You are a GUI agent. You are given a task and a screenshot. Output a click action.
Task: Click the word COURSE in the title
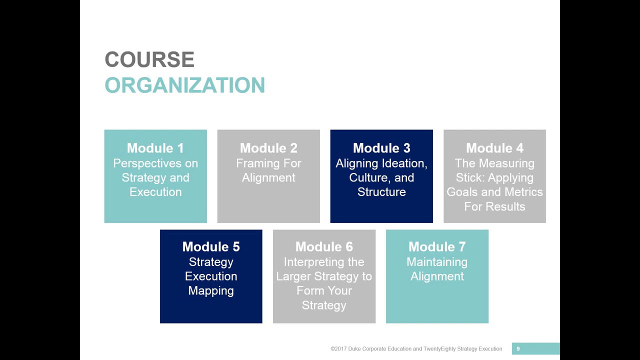149,60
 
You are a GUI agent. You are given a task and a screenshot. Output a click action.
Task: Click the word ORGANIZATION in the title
184,85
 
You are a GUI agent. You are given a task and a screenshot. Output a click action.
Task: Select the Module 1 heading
155,148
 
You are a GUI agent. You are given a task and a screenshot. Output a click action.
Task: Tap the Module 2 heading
268,148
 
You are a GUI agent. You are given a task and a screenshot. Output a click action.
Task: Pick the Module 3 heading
381,148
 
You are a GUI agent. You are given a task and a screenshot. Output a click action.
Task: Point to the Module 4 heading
494,148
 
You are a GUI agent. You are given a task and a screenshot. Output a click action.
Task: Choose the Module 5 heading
211,246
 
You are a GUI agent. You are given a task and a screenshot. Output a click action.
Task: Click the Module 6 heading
324,246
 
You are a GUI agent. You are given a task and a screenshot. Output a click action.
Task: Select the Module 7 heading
437,246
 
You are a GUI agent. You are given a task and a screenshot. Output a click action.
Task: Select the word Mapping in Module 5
211,290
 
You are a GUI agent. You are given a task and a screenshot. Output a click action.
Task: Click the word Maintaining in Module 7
437,262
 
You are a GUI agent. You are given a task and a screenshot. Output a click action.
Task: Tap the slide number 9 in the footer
518,349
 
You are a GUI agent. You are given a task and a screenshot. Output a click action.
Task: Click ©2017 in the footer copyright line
338,349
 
